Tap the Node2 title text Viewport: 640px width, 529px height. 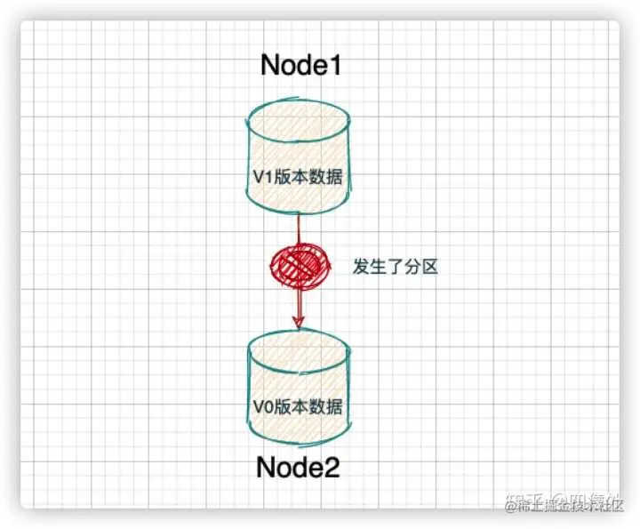point(298,467)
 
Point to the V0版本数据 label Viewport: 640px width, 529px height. point(297,407)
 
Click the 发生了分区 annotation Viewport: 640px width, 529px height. point(396,267)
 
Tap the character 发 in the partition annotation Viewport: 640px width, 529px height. point(362,267)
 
